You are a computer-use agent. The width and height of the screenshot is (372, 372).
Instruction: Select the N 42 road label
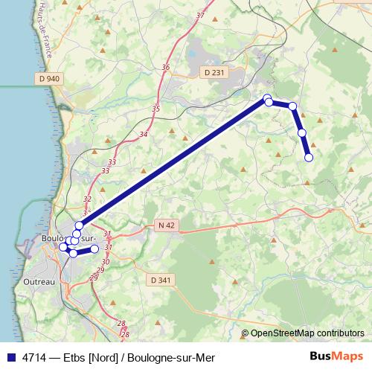[167, 225]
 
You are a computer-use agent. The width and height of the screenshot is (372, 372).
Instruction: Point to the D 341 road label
[160, 280]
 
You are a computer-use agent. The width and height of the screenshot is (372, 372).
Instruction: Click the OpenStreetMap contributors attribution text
[307, 333]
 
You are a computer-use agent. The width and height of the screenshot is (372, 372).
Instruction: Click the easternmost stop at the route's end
[309, 157]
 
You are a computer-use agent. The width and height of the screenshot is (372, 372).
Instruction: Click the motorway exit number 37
[199, 15]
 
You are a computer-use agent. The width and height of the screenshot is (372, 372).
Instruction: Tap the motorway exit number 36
[165, 67]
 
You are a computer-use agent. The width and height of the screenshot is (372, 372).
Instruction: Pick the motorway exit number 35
[155, 109]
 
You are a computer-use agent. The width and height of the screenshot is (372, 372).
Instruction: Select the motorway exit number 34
[143, 135]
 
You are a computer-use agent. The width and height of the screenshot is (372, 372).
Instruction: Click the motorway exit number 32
[88, 199]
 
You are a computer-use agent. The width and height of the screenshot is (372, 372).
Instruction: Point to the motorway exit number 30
[106, 262]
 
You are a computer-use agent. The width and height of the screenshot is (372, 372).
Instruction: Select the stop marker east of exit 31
[94, 249]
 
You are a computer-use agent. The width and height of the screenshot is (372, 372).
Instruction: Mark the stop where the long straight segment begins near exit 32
[79, 225]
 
